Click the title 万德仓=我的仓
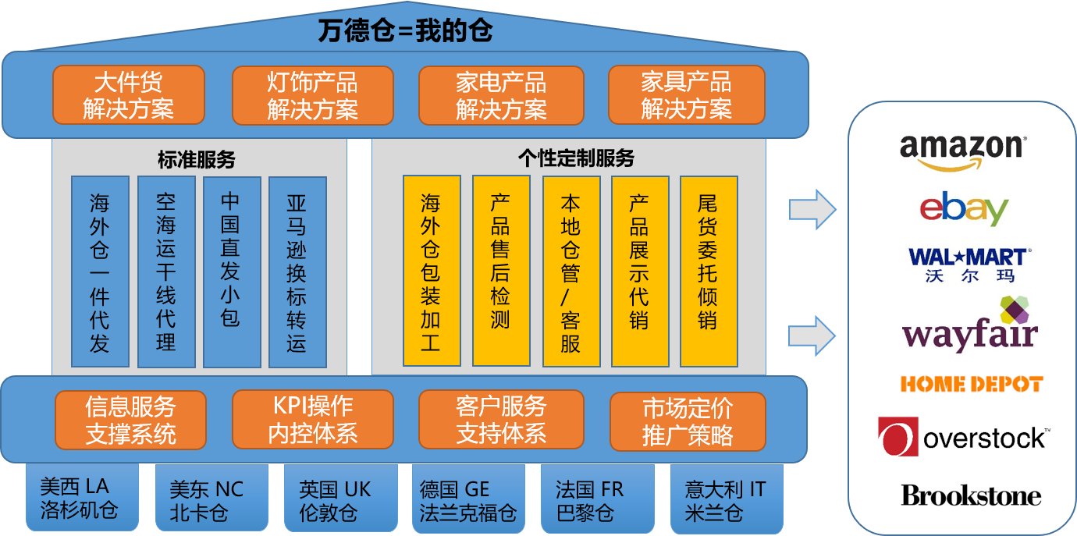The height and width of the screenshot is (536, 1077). (405, 32)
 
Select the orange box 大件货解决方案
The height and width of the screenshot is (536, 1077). (129, 94)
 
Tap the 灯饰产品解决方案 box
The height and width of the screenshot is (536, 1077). (312, 94)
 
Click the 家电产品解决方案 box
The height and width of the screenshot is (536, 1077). (501, 94)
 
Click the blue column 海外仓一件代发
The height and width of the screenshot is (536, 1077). (100, 272)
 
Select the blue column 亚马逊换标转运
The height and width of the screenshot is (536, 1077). (297, 272)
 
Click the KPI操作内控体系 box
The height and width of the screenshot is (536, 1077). (312, 420)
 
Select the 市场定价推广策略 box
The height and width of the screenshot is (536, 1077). (687, 421)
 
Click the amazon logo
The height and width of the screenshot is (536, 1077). (963, 151)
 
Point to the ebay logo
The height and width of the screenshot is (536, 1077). (964, 208)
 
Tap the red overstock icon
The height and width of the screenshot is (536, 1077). (897, 437)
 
